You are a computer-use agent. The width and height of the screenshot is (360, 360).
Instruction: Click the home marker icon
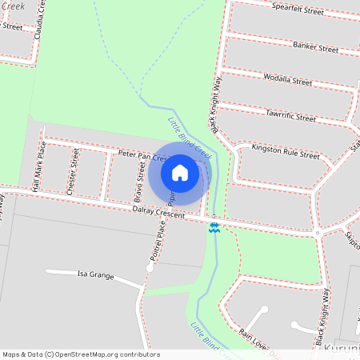pos(180,172)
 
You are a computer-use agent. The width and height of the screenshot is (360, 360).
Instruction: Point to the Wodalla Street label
pos(287,80)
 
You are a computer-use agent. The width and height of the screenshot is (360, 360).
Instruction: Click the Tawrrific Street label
pos(290,116)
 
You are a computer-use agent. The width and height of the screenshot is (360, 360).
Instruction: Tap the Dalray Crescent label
pos(158,213)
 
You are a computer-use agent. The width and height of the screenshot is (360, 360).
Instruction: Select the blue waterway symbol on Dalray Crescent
pos(214,226)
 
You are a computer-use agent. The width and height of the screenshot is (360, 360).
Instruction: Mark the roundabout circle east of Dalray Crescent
pos(318,233)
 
